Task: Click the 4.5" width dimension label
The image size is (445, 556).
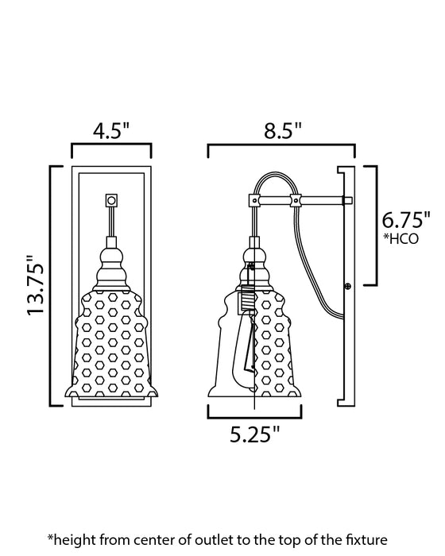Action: pos(111,132)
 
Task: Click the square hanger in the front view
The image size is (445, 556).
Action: pos(110,201)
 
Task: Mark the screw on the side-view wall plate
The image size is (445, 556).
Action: pos(348,283)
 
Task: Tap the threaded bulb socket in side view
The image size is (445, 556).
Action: pos(247,300)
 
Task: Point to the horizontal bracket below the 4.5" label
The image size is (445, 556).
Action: pos(111,150)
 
